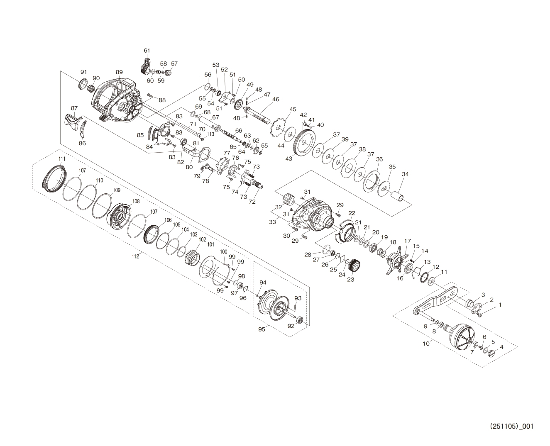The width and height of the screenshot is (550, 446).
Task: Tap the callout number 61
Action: [147, 51]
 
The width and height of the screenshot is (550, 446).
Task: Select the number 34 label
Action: [405, 174]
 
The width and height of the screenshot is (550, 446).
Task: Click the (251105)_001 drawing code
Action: [511, 426]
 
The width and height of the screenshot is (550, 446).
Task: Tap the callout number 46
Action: [276, 100]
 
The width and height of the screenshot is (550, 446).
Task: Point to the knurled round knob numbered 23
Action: [354, 265]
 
